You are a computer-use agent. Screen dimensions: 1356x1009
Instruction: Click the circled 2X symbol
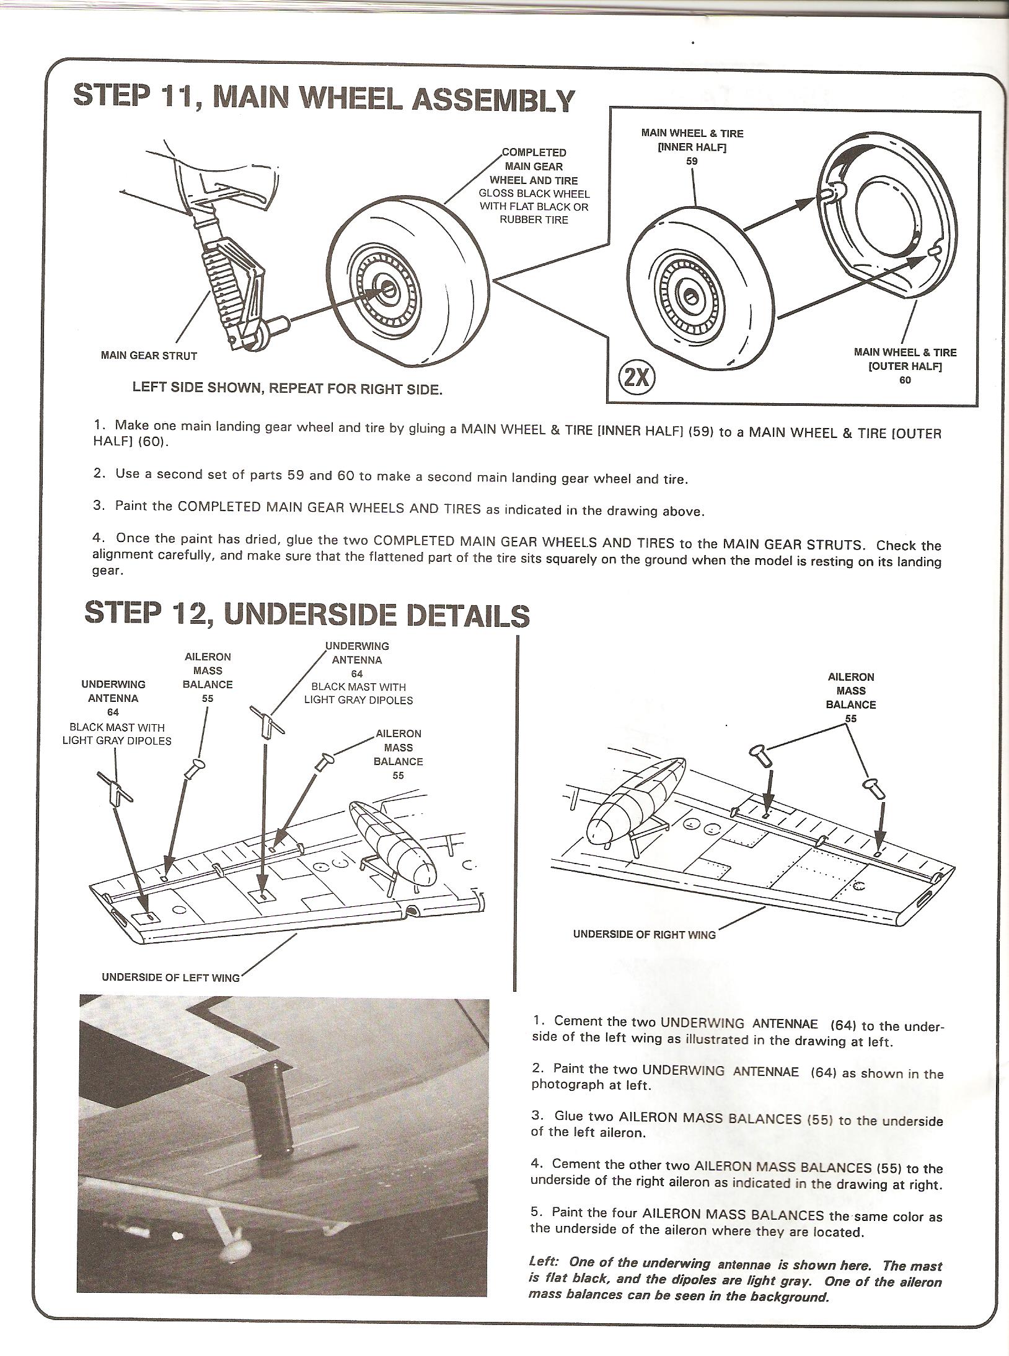point(638,377)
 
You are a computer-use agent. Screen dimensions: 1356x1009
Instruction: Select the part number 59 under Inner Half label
point(692,161)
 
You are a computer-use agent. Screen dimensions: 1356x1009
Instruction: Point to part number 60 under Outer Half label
point(905,380)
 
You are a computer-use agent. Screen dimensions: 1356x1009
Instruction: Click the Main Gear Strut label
point(149,356)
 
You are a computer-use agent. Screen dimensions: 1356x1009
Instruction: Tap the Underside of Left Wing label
point(170,978)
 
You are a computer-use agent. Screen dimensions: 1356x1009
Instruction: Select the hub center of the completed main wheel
point(388,288)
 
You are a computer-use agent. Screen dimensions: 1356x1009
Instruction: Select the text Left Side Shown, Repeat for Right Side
point(288,390)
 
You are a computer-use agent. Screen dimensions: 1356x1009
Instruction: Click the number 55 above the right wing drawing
point(851,719)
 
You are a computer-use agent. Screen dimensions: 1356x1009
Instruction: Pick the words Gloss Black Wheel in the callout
point(534,194)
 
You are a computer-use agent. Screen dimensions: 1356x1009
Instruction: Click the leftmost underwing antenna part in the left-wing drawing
point(115,790)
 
